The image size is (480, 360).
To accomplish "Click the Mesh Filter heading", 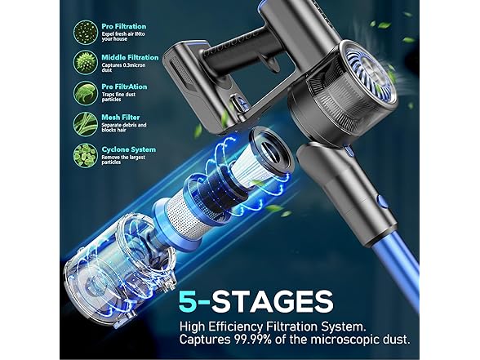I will pyautogui.click(x=119, y=117).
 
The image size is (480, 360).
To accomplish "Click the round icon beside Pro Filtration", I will pyautogui.click(x=85, y=33).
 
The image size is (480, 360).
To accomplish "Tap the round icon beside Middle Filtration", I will pyautogui.click(x=85, y=63).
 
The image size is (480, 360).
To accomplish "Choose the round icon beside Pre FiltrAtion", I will pyautogui.click(x=85, y=92).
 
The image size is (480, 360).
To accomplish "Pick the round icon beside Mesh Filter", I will pyautogui.click(x=85, y=122).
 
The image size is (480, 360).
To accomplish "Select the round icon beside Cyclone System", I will pyautogui.click(x=85, y=153).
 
